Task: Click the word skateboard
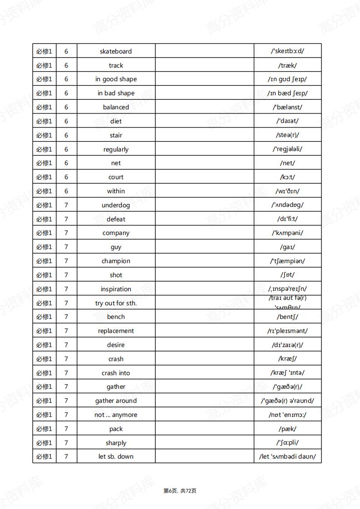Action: pos(116,51)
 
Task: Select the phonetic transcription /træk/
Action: pos(287,65)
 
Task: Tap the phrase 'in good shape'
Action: pos(116,79)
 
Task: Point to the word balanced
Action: pos(116,108)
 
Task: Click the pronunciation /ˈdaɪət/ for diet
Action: pos(287,121)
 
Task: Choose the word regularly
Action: pos(116,149)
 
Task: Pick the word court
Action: pos(116,177)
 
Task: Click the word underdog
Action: pos(116,206)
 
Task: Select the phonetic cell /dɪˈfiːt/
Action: pos(287,219)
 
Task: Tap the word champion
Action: pos(116,261)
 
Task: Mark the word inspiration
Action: pos(116,289)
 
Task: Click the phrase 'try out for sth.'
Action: pos(116,303)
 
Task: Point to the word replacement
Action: pos(116,331)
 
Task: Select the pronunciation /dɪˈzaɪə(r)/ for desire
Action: pos(287,345)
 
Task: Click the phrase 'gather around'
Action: pos(116,401)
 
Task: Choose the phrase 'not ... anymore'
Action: pos(116,415)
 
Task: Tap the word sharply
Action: pos(116,443)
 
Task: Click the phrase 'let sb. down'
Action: pos(116,457)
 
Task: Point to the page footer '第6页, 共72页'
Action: pos(180,491)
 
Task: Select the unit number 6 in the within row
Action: pos(66,191)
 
